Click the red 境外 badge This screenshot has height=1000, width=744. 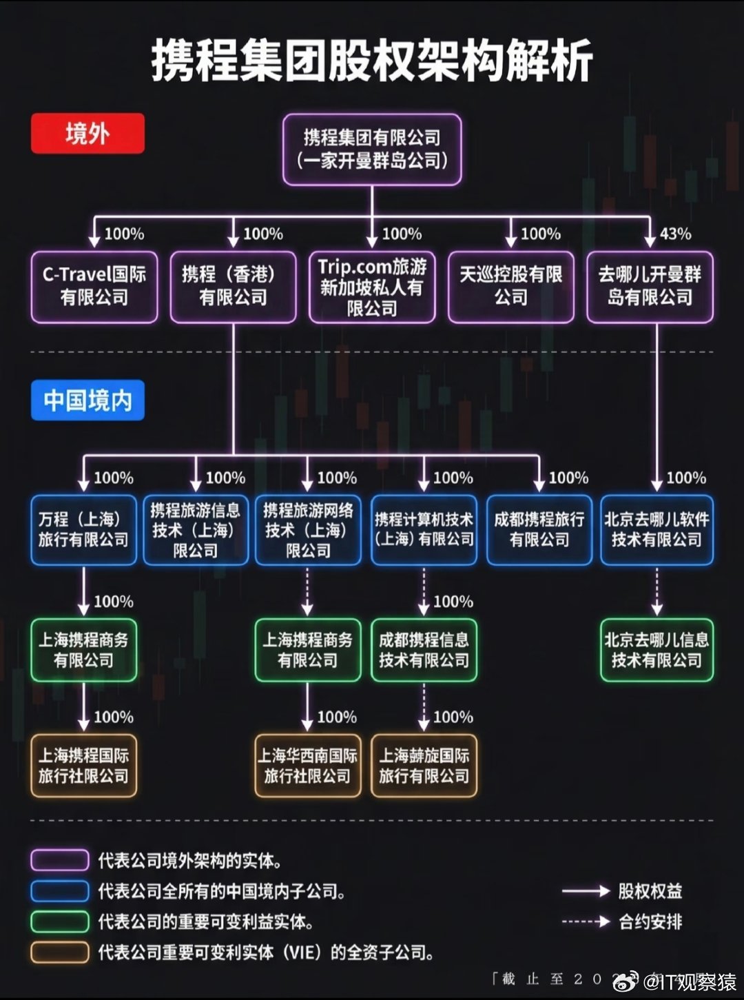click(87, 134)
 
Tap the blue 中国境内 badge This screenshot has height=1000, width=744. click(87, 400)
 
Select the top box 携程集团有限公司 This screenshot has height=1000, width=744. click(372, 150)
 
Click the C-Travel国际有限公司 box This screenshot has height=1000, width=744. click(94, 286)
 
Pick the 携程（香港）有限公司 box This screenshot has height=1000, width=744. click(233, 286)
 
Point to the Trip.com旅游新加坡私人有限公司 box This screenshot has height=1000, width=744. click(372, 286)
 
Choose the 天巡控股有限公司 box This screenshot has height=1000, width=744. click(510, 286)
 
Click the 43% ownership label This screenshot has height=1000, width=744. click(675, 234)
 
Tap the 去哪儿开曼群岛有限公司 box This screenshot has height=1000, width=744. click(650, 286)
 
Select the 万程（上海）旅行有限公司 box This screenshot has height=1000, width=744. click(83, 529)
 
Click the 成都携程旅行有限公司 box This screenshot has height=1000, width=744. click(539, 529)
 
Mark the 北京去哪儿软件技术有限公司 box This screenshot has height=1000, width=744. click(657, 529)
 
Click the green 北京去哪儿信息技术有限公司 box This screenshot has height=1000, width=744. click(657, 650)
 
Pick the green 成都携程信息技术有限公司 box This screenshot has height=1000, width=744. click(424, 650)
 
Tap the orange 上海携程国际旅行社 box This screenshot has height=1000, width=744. click(83, 766)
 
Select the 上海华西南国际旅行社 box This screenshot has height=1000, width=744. click(307, 766)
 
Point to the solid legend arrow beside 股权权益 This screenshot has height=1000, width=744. click(586, 891)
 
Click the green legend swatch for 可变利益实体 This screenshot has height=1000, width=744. click(60, 921)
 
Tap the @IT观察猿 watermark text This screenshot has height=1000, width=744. click(689, 981)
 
